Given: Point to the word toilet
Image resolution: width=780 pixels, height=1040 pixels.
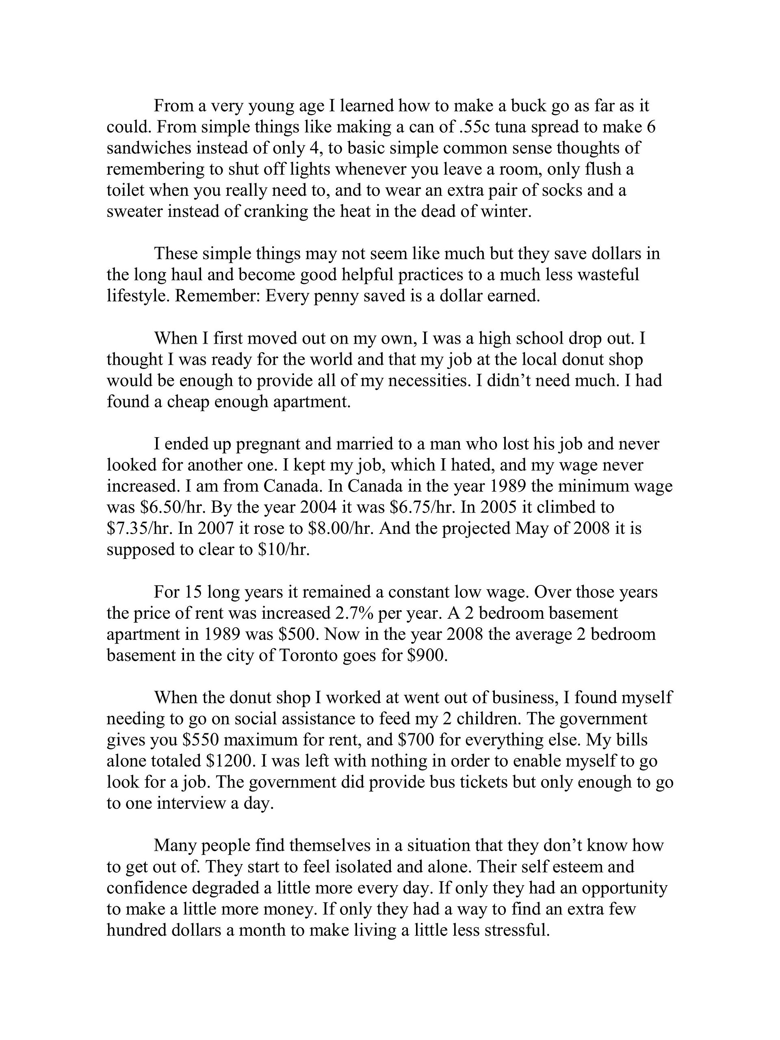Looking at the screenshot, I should click(x=122, y=191).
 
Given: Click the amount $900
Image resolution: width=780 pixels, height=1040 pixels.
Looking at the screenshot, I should click(x=427, y=655).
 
